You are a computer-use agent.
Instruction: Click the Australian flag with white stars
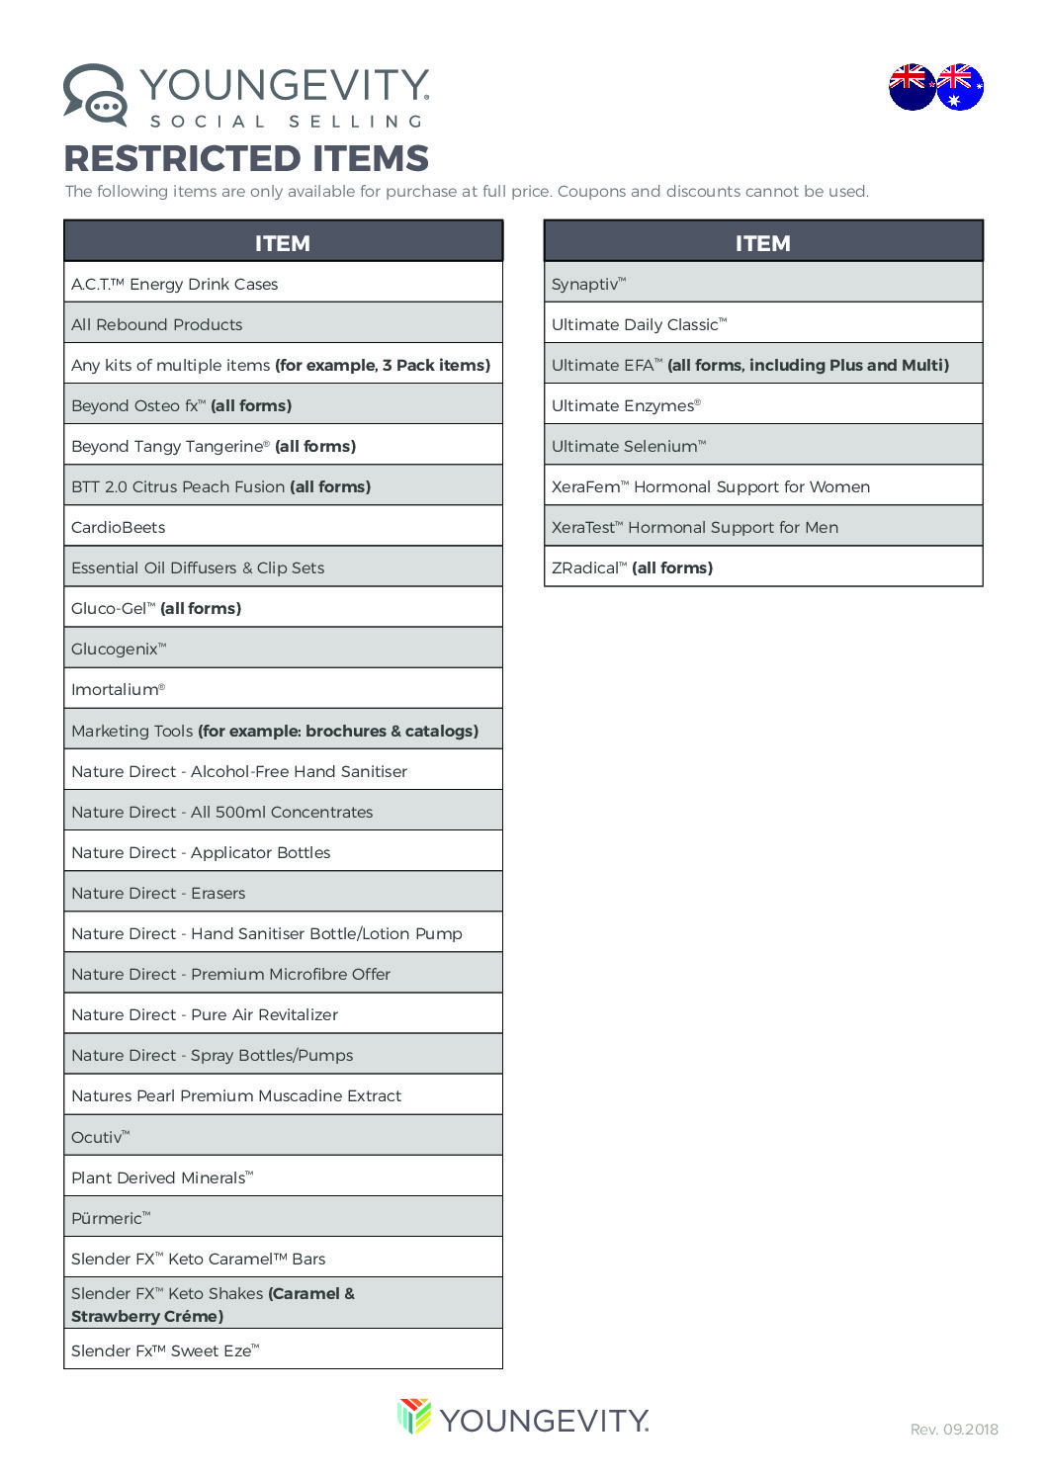click(x=960, y=87)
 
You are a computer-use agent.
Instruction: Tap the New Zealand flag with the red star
click(x=911, y=87)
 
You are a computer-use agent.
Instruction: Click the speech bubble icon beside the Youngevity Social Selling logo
click(x=95, y=95)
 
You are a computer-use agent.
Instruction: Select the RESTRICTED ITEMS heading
click(x=246, y=158)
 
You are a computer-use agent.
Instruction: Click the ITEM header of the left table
click(x=283, y=242)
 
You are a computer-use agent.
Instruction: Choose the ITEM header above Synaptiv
click(x=762, y=242)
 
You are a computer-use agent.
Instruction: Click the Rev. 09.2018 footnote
click(x=954, y=1429)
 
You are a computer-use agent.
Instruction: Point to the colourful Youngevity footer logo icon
click(x=414, y=1416)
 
